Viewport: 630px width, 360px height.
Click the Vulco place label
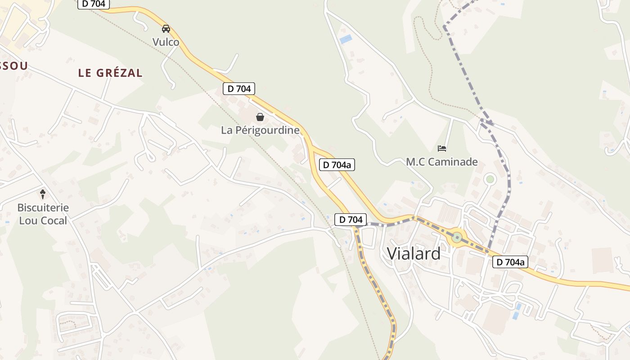166,42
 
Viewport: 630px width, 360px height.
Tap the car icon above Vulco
166,29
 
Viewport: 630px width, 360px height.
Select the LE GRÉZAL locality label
110,73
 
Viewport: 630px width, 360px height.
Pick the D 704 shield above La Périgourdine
239,89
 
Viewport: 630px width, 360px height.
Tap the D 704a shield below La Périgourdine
337,165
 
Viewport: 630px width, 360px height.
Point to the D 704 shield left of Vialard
351,220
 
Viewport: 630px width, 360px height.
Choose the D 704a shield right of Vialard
510,262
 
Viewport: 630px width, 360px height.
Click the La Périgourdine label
260,130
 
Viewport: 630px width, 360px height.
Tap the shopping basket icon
260,117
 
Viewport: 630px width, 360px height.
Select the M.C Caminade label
442,162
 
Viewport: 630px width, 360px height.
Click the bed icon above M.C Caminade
442,148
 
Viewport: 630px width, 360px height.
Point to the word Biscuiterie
43,208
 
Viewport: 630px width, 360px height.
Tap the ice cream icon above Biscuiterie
43,194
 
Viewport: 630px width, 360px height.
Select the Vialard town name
414,254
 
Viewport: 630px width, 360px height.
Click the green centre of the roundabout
457,238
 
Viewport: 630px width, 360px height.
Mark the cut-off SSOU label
13,66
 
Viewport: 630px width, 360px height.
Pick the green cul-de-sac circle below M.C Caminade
490,179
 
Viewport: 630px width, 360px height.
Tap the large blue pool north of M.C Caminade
346,40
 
